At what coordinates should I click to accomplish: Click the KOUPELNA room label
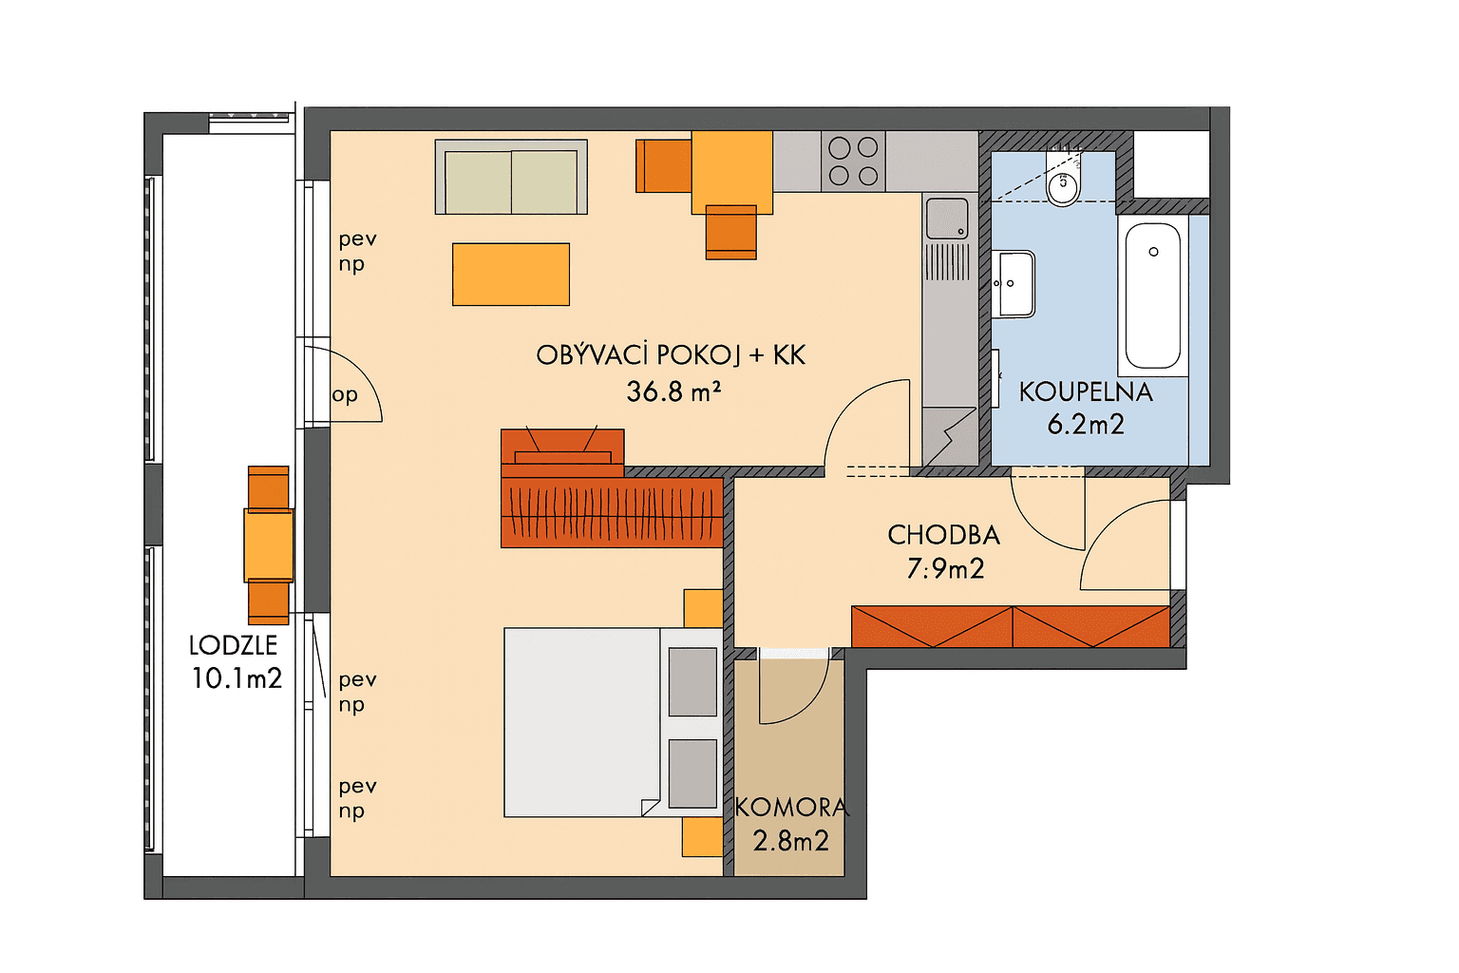[x=1085, y=392]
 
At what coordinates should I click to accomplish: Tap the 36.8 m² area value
[x=673, y=391]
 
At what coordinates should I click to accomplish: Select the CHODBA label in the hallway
[x=943, y=535]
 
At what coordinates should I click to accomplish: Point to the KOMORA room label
[x=790, y=808]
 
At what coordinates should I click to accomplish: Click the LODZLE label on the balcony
[x=233, y=645]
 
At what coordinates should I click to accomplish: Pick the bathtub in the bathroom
[x=1152, y=296]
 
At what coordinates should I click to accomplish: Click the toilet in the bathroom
[x=1063, y=184]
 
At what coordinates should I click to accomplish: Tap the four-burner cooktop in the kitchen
[x=853, y=162]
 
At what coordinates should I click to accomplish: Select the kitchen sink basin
[x=946, y=219]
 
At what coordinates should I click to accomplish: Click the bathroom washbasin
[x=1014, y=283]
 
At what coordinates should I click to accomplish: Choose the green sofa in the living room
[x=511, y=178]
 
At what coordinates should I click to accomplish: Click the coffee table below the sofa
[x=511, y=275]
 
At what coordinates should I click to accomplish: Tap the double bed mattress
[x=581, y=722]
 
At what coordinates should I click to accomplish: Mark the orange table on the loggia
[x=269, y=544]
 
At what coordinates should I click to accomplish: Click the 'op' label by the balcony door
[x=345, y=394]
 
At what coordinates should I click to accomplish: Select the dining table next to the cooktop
[x=731, y=172]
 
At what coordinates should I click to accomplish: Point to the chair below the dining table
[x=730, y=232]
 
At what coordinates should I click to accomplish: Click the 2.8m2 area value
[x=790, y=841]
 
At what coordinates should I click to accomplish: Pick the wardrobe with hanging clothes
[x=612, y=512]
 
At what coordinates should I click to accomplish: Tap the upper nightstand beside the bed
[x=704, y=608]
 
